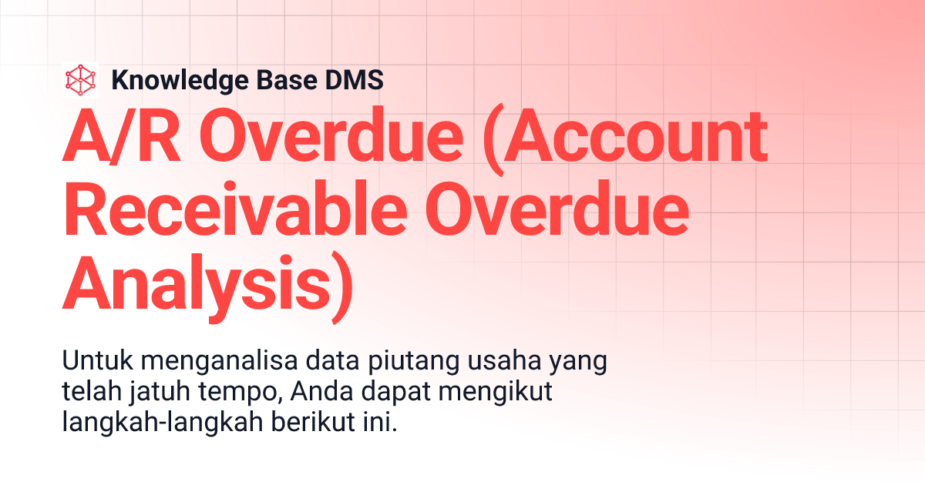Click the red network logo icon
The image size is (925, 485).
81,80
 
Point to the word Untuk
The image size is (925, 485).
90,362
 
